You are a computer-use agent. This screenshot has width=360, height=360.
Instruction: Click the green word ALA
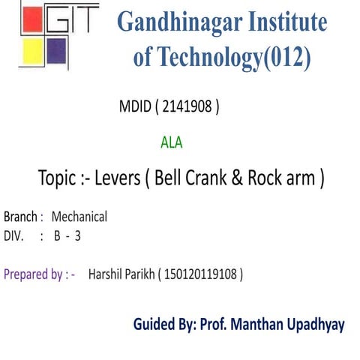tap(171, 140)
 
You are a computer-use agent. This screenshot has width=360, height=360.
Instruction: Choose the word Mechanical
tap(79, 217)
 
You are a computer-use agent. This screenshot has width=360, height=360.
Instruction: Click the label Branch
tap(20, 217)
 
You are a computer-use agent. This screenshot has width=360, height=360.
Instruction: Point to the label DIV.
tap(14, 235)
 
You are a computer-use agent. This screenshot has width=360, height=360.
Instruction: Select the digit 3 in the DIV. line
tap(77, 235)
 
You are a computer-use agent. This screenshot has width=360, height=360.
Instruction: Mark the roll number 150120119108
tap(201, 274)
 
